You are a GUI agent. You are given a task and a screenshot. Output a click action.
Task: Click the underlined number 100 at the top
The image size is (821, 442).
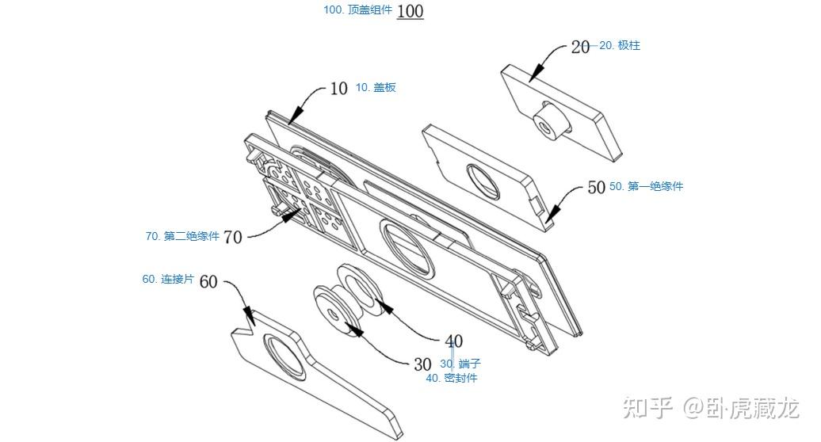[x=410, y=11]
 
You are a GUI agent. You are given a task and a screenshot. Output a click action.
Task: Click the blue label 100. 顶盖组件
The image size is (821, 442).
[x=357, y=10]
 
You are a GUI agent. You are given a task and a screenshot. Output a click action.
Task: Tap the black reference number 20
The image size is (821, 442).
[x=580, y=47]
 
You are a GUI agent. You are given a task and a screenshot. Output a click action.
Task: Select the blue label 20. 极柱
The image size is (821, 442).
[x=620, y=45]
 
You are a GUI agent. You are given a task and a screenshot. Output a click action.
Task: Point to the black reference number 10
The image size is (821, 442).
[x=338, y=89]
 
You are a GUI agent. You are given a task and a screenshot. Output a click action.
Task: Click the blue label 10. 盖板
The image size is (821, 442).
[x=376, y=87]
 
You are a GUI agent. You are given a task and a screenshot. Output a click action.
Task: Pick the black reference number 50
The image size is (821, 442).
[x=597, y=187]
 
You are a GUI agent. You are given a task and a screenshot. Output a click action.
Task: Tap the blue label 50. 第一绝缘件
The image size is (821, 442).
[x=646, y=186]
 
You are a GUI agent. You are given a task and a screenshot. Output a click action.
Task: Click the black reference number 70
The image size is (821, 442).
[x=232, y=237]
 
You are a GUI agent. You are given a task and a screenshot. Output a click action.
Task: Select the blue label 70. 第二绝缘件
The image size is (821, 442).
[x=182, y=236]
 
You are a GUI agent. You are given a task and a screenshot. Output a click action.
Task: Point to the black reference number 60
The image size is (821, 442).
[x=208, y=282]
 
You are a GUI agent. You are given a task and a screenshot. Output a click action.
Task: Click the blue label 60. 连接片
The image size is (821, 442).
[x=168, y=280]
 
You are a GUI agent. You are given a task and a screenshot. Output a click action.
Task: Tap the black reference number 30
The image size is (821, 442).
[x=422, y=364]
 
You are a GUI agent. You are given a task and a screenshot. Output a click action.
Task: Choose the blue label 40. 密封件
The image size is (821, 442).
[x=452, y=378]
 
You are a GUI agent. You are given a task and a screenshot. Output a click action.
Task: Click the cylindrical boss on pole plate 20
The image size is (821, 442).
[x=549, y=121]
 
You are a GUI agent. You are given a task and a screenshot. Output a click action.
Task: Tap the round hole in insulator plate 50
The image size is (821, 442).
[x=484, y=181]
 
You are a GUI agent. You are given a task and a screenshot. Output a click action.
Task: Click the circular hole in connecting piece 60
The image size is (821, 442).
[x=284, y=356]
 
